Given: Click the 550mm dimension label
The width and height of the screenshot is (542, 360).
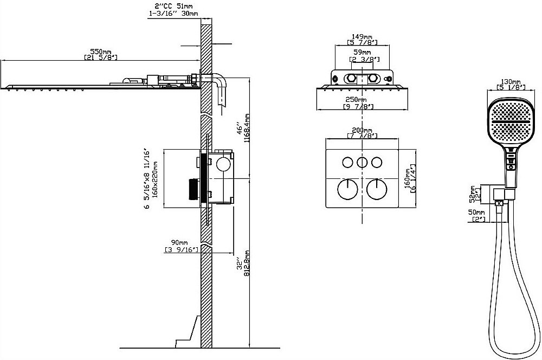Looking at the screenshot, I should point(101,51).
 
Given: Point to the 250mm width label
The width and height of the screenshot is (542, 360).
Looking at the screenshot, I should point(356,100).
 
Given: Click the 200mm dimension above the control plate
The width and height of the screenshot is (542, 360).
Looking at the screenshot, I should point(362,131).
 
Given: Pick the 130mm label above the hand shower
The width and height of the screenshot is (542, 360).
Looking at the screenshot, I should point(511,81).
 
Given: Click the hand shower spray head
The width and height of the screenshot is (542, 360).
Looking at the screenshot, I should point(509,123).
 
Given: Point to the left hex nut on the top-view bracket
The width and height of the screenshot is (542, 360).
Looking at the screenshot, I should point(351,78).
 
